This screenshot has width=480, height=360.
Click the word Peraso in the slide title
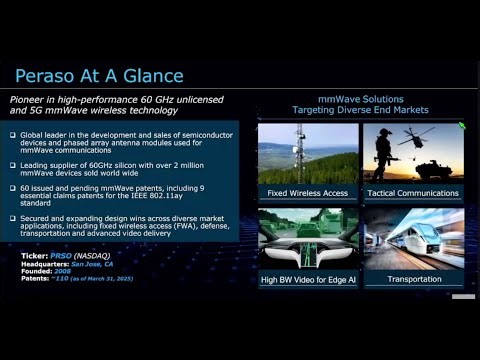pyautogui.click(x=47, y=76)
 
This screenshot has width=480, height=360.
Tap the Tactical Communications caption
pyautogui.click(x=413, y=191)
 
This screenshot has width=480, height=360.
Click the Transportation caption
pyautogui.click(x=413, y=279)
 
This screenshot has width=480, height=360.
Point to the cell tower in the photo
pyautogui.click(x=296, y=150)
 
